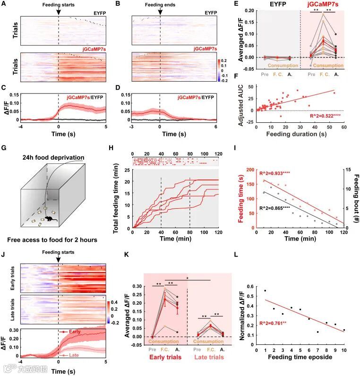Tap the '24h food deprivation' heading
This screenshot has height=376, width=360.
(55, 157)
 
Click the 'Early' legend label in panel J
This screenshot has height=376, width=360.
(73, 332)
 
